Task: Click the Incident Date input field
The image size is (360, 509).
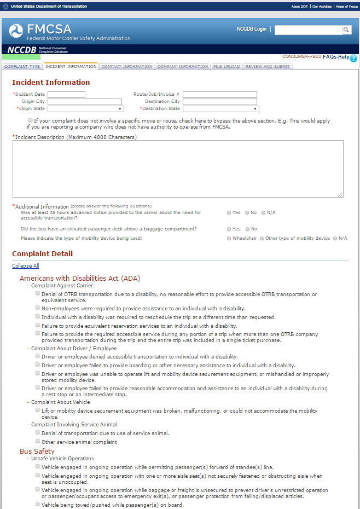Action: coord(66,95)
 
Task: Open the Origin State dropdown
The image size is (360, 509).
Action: coord(85,109)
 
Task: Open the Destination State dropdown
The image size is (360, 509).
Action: coord(220,109)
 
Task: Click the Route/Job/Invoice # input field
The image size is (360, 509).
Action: coord(219,95)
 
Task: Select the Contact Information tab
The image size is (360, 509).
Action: coord(126,67)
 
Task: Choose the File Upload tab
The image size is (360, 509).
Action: coord(227,67)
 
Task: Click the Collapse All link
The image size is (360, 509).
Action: coord(26,266)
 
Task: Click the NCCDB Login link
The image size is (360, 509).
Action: coord(251,29)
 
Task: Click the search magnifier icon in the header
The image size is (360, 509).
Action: coord(347,30)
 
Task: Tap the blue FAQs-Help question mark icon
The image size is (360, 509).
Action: coord(353,58)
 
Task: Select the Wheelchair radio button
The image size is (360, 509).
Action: coord(229,239)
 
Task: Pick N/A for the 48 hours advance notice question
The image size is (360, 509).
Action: coord(264,212)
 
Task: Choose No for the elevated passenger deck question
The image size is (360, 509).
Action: coord(247,229)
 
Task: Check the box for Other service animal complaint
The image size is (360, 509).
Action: coord(37,441)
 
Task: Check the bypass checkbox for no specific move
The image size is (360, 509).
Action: coord(30,120)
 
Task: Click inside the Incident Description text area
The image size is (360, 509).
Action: coord(178,168)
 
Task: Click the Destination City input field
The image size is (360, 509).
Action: coord(219,102)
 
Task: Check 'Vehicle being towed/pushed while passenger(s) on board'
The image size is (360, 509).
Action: coord(37,504)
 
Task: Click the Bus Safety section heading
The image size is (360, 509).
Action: coord(37,451)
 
